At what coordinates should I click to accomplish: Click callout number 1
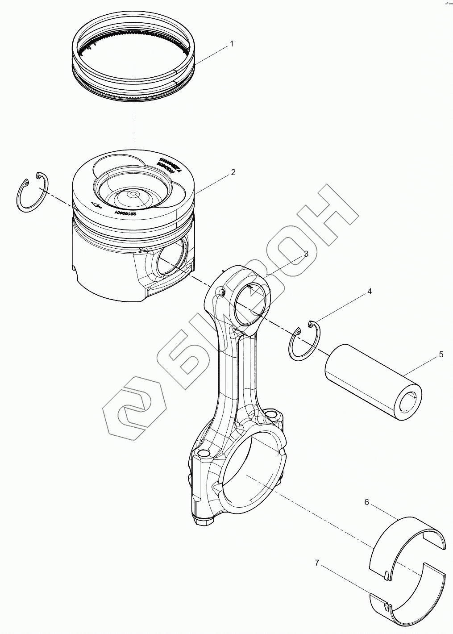click(232, 44)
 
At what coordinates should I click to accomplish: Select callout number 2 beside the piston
click(233, 172)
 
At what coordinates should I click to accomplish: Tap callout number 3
click(306, 254)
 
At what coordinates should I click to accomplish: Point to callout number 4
click(369, 292)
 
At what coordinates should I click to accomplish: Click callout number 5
click(441, 355)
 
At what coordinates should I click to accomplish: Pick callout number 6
click(366, 502)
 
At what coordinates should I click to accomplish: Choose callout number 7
click(317, 563)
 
